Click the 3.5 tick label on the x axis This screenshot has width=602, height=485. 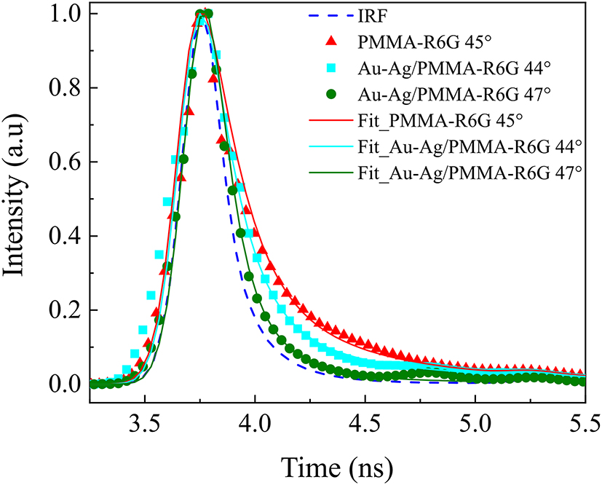pos(145,421)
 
